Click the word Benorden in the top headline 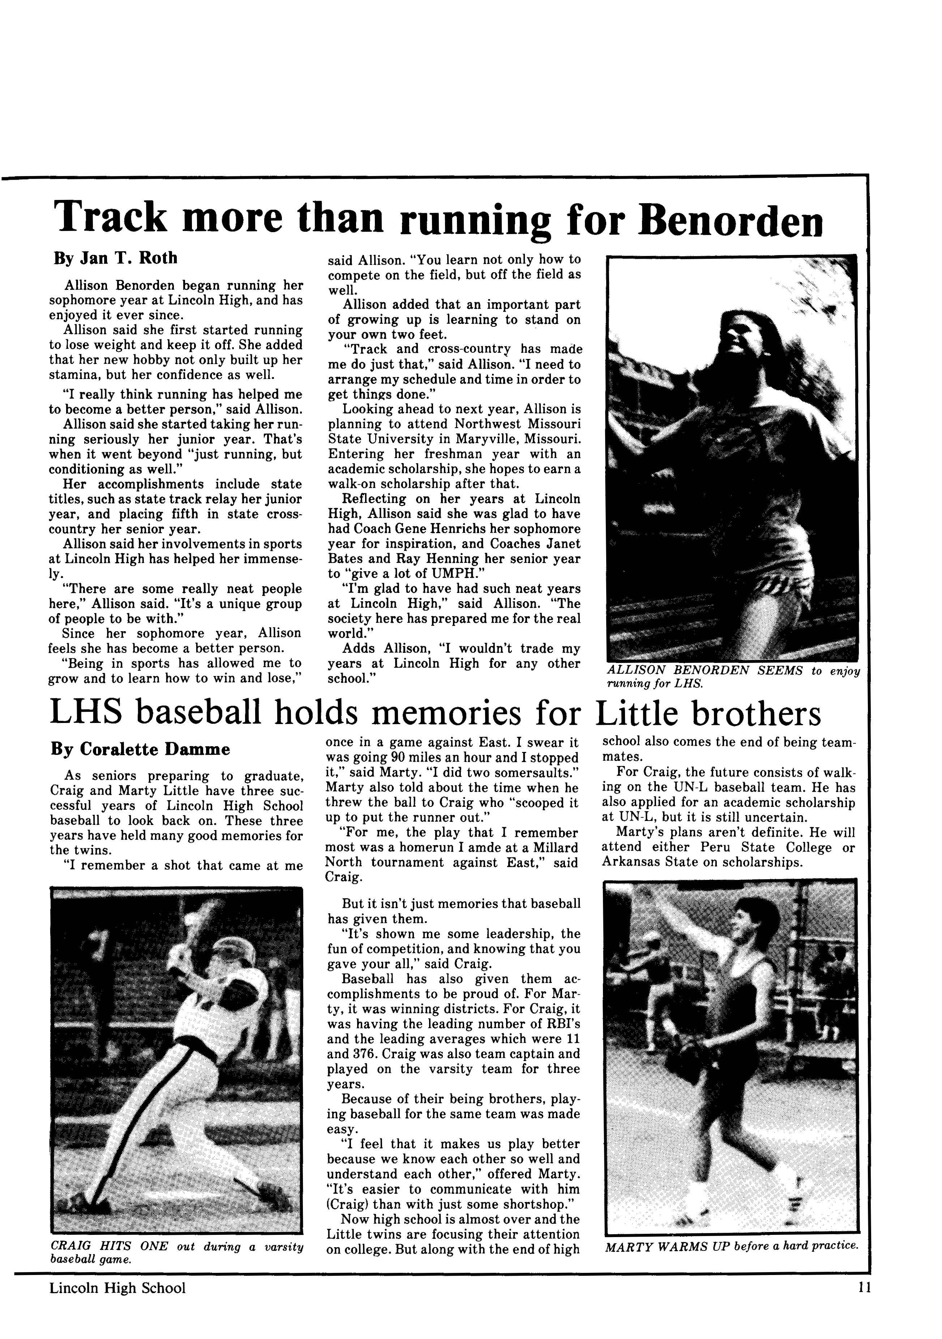(730, 219)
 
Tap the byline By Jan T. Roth (115, 258)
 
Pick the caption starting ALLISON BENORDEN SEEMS (733, 676)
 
